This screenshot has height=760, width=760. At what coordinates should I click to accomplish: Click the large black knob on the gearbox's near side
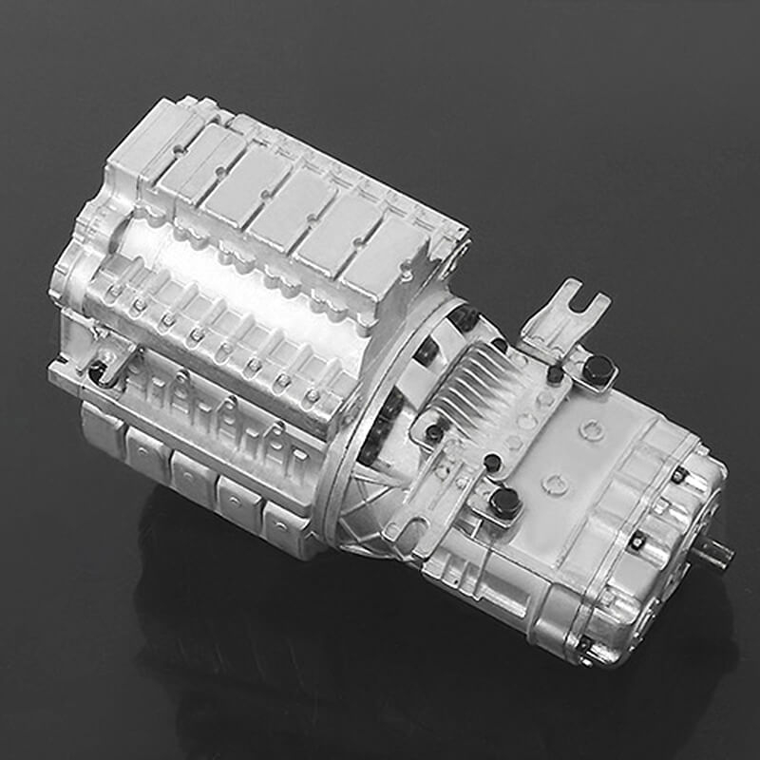[504, 502]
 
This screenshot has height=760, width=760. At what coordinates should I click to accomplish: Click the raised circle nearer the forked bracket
[591, 430]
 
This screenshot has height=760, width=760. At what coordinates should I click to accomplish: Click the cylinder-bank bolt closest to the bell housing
[313, 395]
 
